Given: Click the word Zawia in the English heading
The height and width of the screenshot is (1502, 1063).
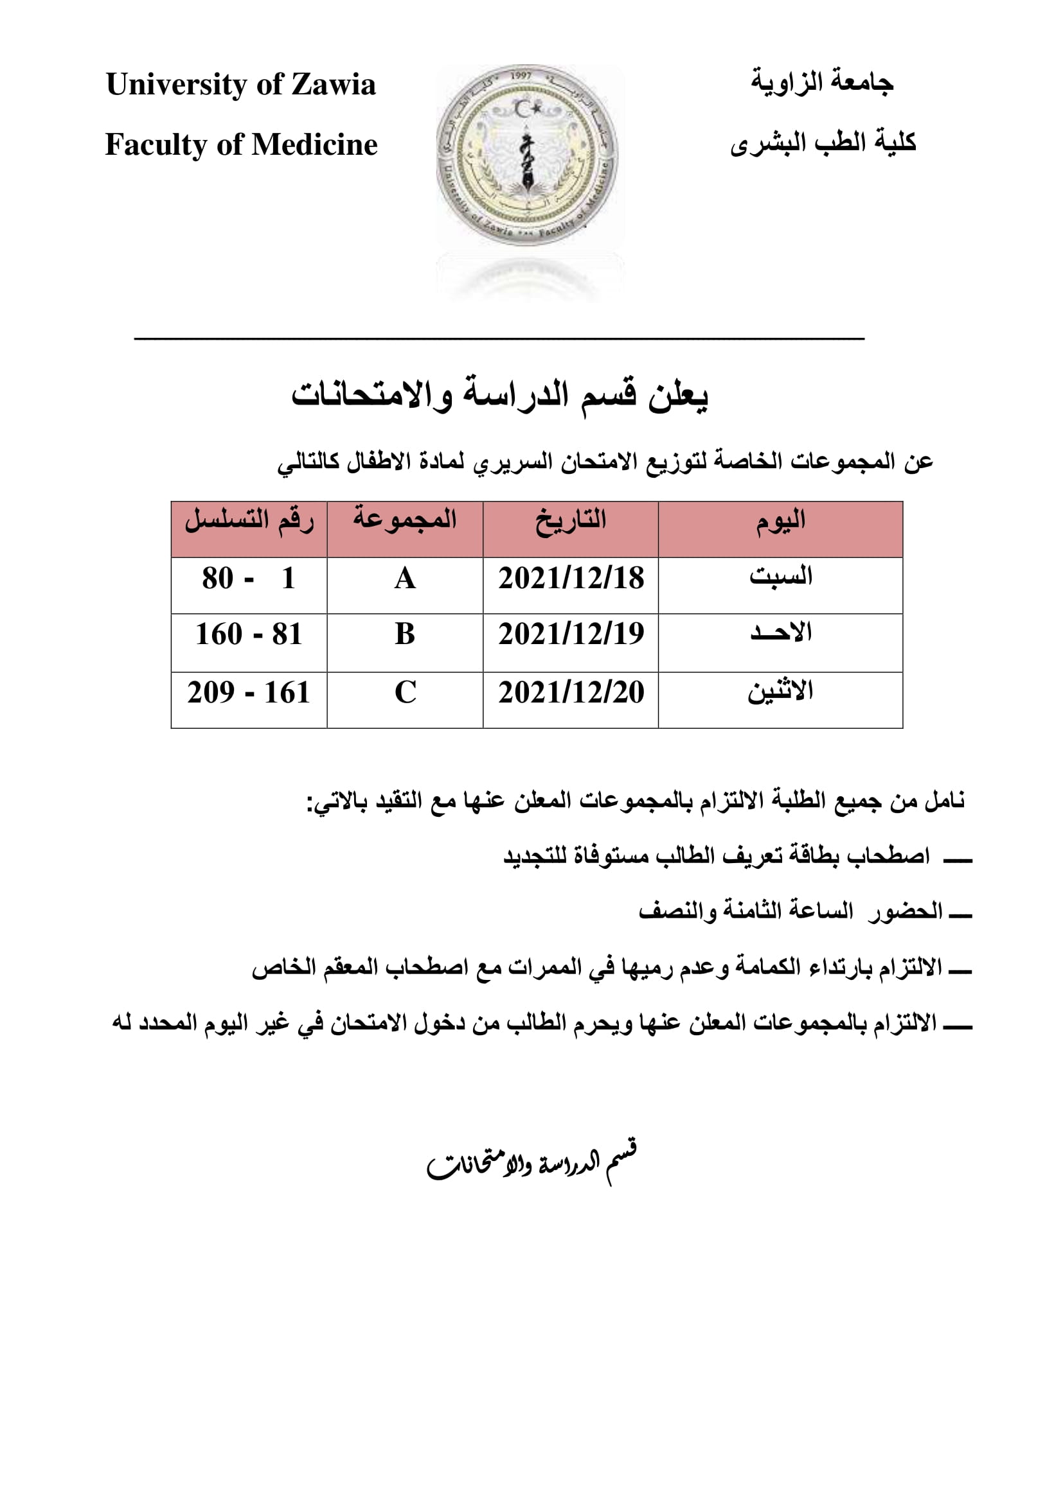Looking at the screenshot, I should pyautogui.click(x=333, y=84).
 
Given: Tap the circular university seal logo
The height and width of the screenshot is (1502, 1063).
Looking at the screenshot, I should pyautogui.click(x=527, y=155).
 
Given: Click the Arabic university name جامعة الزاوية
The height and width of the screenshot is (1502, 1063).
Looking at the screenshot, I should pyautogui.click(x=821, y=82).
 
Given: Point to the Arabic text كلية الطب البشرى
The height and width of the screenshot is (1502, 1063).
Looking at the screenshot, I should pyautogui.click(x=823, y=143).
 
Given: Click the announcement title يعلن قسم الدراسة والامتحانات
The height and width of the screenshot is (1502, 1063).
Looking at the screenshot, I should pyautogui.click(x=500, y=395).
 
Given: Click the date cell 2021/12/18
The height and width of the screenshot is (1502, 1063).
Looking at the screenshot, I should pyautogui.click(x=571, y=579).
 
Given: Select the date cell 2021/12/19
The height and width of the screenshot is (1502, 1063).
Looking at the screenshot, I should pyautogui.click(x=571, y=634).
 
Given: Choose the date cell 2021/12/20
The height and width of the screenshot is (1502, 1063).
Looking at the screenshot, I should pyautogui.click(x=571, y=692).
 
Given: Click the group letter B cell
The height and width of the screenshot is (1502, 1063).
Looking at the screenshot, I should pyautogui.click(x=405, y=634).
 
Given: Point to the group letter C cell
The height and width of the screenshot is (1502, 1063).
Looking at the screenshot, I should pyautogui.click(x=405, y=692).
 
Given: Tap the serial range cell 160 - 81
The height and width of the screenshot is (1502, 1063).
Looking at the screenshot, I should pyautogui.click(x=249, y=634).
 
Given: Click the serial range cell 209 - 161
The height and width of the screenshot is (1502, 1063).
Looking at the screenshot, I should pyautogui.click(x=249, y=692).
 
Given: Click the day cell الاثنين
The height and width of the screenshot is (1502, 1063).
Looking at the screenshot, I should pyautogui.click(x=780, y=692).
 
